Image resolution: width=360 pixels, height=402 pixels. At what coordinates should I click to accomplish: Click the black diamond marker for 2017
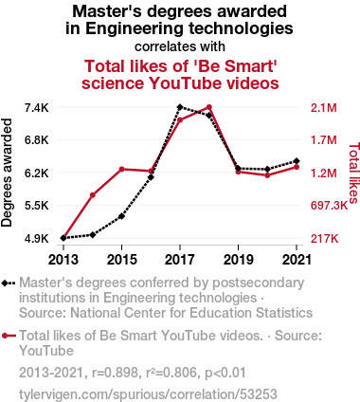point(180,107)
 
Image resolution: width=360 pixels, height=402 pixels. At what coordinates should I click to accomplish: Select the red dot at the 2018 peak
point(209,107)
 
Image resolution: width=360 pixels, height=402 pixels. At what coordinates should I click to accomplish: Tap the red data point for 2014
point(93,195)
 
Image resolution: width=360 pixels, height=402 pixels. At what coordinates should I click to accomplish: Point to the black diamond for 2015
point(121,216)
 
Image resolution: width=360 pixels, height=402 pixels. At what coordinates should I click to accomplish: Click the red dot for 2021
point(297,167)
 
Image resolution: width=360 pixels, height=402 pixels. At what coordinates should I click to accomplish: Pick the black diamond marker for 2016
point(151,177)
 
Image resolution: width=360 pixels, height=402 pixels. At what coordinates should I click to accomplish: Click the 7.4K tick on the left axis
point(37,108)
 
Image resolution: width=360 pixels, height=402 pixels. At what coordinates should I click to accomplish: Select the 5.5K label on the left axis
point(37,206)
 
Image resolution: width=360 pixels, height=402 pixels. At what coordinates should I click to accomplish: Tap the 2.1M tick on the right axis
point(324,108)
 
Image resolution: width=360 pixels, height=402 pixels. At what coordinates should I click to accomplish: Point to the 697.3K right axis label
point(329,206)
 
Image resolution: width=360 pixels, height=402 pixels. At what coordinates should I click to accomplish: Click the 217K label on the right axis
point(324,239)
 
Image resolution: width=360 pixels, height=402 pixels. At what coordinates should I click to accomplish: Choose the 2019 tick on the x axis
point(238,260)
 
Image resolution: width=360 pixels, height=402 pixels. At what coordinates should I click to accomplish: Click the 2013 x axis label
point(63,260)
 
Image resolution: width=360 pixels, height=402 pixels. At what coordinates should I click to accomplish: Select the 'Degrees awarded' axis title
point(7,173)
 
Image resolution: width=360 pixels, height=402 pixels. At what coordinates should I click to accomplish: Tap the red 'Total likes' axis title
point(353,173)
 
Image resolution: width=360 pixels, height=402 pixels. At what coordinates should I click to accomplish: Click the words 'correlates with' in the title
point(180,46)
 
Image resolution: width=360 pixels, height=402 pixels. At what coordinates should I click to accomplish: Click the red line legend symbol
point(9,336)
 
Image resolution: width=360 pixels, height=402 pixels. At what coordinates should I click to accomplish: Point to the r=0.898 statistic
point(115,373)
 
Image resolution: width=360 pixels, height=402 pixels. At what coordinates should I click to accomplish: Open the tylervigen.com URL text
point(148,394)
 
